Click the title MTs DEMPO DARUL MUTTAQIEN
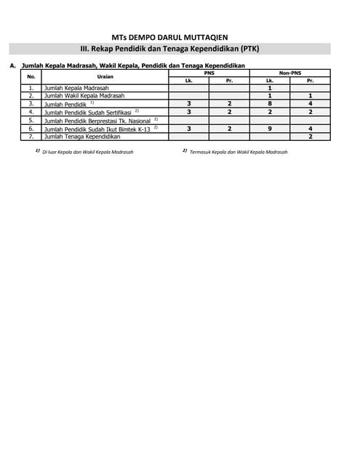[x=179, y=35]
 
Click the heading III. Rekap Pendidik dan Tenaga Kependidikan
[x=180, y=49]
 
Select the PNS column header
[x=209, y=73]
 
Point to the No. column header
[x=31, y=76]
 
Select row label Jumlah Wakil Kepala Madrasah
[x=84, y=96]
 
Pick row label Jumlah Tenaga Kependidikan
[x=81, y=136]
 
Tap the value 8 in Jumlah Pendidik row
[x=270, y=104]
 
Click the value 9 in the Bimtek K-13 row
[x=270, y=128]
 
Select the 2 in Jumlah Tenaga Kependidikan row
[x=311, y=136]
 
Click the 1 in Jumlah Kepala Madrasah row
[x=270, y=88]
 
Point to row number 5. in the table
[x=31, y=120]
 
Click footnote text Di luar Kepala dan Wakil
[x=87, y=153]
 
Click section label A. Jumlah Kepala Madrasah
[x=131, y=65]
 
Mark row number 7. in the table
[x=31, y=136]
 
